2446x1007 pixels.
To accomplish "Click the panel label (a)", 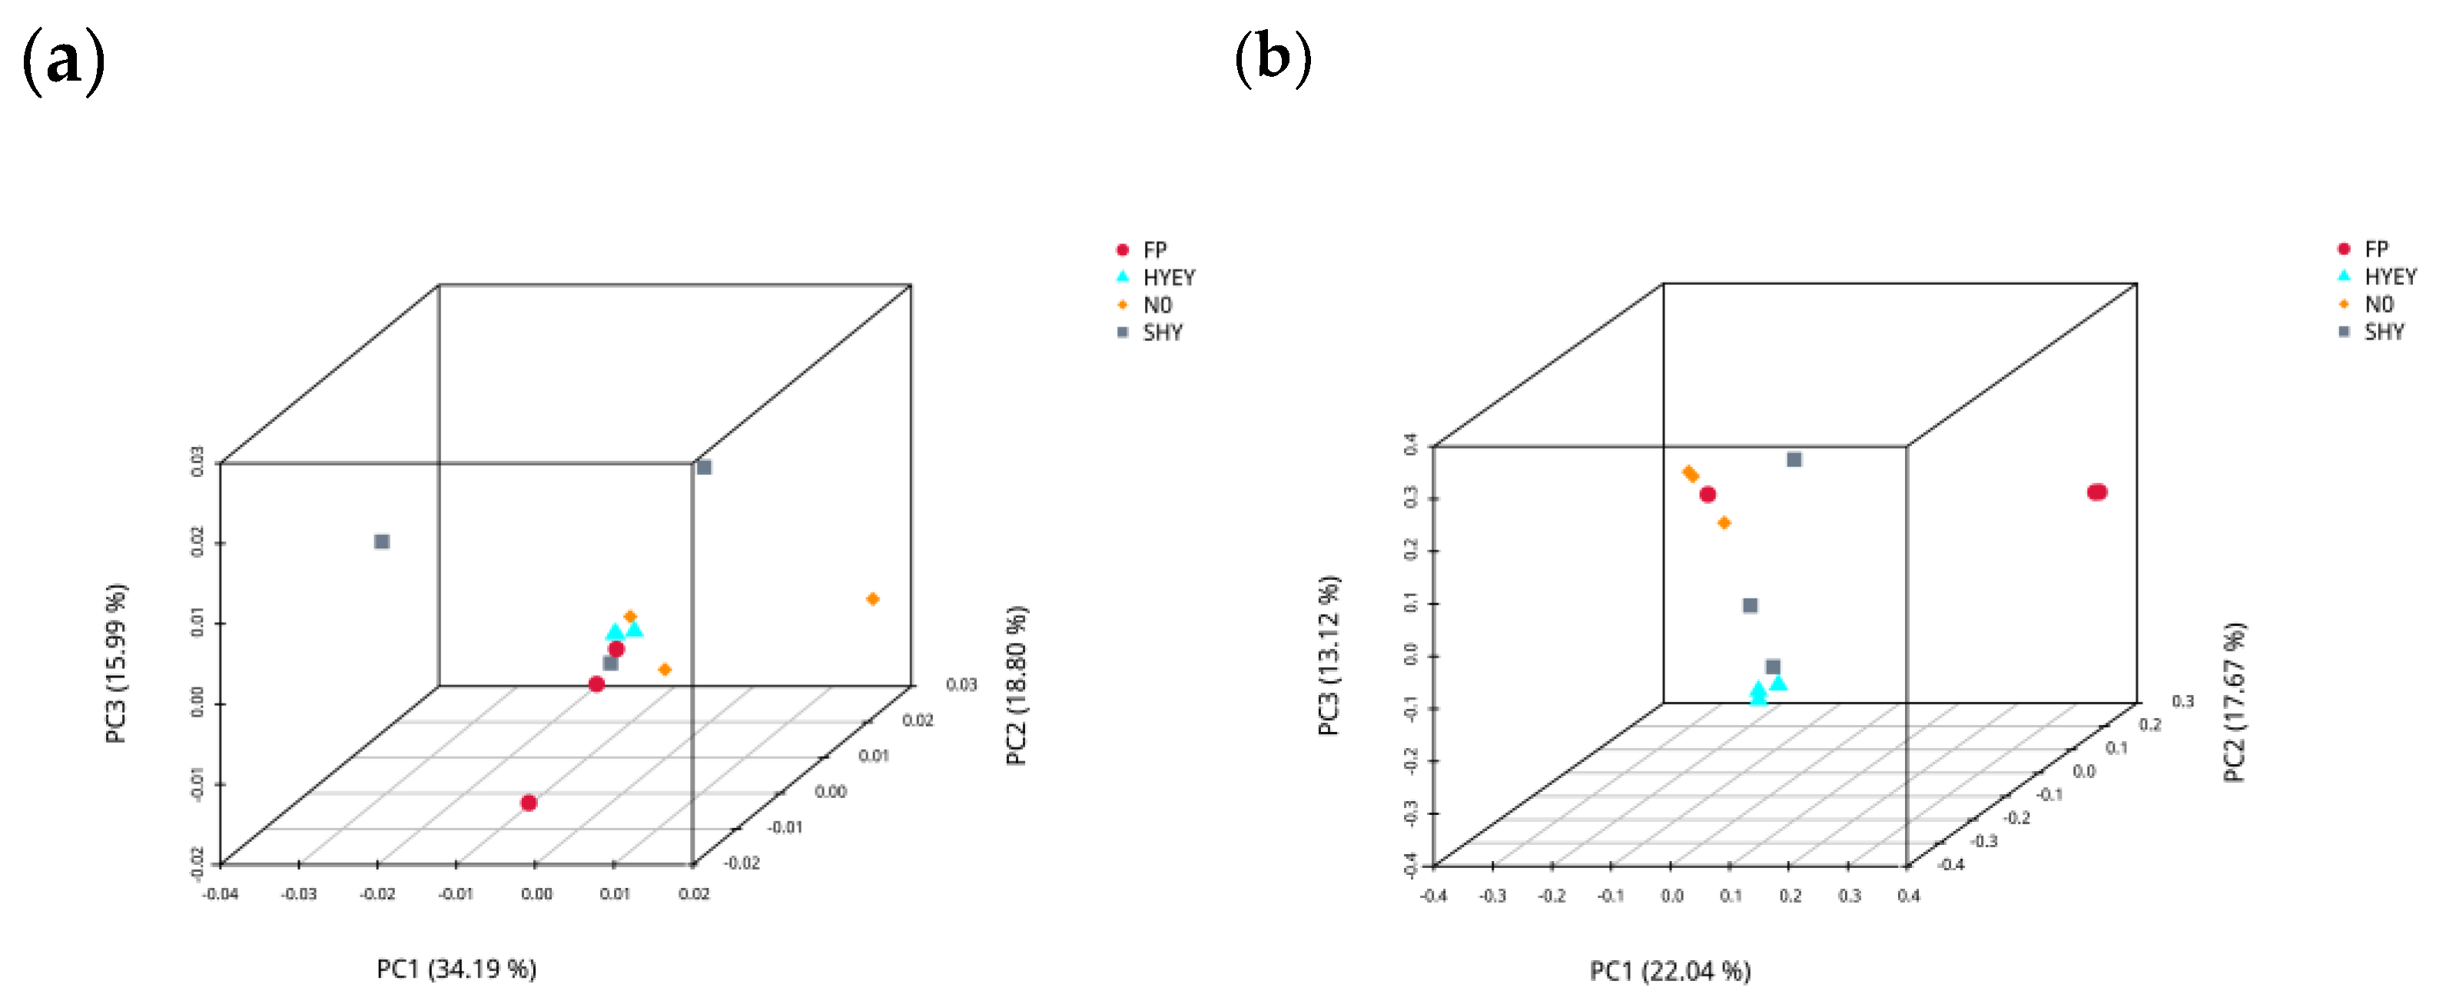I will pyautogui.click(x=63, y=61).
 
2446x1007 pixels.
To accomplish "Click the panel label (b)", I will pyautogui.click(x=1273, y=59).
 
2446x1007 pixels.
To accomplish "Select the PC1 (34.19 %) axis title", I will pyautogui.click(x=456, y=969).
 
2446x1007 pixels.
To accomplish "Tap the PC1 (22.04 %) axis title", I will pyautogui.click(x=1669, y=971).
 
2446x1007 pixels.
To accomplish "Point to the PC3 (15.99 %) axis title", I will pyautogui.click(x=116, y=664).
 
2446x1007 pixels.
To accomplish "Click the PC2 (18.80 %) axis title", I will pyautogui.click(x=1016, y=685).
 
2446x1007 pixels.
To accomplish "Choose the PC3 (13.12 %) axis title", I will pyautogui.click(x=1329, y=655).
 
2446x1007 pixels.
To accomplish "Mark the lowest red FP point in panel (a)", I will pyautogui.click(x=529, y=803).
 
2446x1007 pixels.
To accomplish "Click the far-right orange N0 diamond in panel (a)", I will pyautogui.click(x=873, y=599).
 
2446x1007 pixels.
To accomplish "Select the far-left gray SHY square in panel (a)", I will pyautogui.click(x=382, y=542).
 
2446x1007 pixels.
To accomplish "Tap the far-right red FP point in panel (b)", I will pyautogui.click(x=2096, y=492).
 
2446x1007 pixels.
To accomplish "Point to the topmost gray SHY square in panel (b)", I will pyautogui.click(x=1794, y=459).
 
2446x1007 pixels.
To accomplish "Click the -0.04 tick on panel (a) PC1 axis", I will pyautogui.click(x=221, y=893).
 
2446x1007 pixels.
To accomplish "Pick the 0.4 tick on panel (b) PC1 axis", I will pyautogui.click(x=1909, y=895).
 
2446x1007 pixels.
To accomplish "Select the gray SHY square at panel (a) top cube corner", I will pyautogui.click(x=704, y=467).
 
